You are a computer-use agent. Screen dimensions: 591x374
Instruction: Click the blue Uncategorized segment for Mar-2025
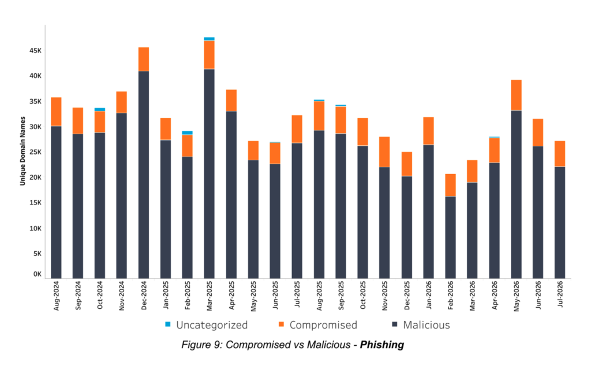[x=209, y=39]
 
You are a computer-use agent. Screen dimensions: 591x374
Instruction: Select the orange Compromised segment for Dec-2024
[x=144, y=59]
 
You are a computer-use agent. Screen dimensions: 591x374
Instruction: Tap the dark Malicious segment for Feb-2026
[x=450, y=237]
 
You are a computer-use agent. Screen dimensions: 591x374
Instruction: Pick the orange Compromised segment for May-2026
[x=517, y=95]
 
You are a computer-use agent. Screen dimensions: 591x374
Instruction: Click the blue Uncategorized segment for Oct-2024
[x=100, y=109]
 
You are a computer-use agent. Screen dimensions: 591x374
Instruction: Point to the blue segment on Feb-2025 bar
[x=188, y=133]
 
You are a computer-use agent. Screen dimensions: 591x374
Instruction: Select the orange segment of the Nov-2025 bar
[x=384, y=152]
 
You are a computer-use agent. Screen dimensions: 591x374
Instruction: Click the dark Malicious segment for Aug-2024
[x=56, y=202]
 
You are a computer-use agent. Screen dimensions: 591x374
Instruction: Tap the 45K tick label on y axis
[x=35, y=50]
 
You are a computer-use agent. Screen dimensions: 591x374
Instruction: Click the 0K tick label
[x=38, y=274]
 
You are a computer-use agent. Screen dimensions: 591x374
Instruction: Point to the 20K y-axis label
[x=35, y=177]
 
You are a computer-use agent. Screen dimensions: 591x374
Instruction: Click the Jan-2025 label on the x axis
[x=166, y=295]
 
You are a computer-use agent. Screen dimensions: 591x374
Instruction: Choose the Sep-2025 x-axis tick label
[x=341, y=296]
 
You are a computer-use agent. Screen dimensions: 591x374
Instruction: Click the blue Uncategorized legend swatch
[x=168, y=324]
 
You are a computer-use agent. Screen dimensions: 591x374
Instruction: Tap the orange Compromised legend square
[x=281, y=324]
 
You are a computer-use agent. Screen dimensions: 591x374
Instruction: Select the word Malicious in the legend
[x=427, y=324]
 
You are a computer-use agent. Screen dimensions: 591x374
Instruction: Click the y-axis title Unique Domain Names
[x=23, y=151]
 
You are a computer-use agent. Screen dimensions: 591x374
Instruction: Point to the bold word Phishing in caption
[x=382, y=345]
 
